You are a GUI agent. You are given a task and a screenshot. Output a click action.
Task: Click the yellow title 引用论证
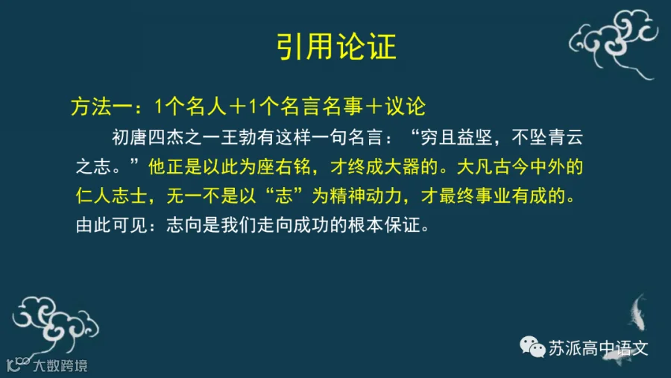click(x=336, y=47)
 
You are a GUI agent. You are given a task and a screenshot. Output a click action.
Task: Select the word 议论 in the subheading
click(x=405, y=107)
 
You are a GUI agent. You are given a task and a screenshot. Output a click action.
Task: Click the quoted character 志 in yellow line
click(x=284, y=196)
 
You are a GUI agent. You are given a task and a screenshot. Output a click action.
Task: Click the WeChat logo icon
click(x=532, y=347)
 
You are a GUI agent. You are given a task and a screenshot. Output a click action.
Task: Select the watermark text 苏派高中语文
click(x=598, y=348)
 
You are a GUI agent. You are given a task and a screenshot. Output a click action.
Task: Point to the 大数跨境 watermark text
click(x=60, y=366)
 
